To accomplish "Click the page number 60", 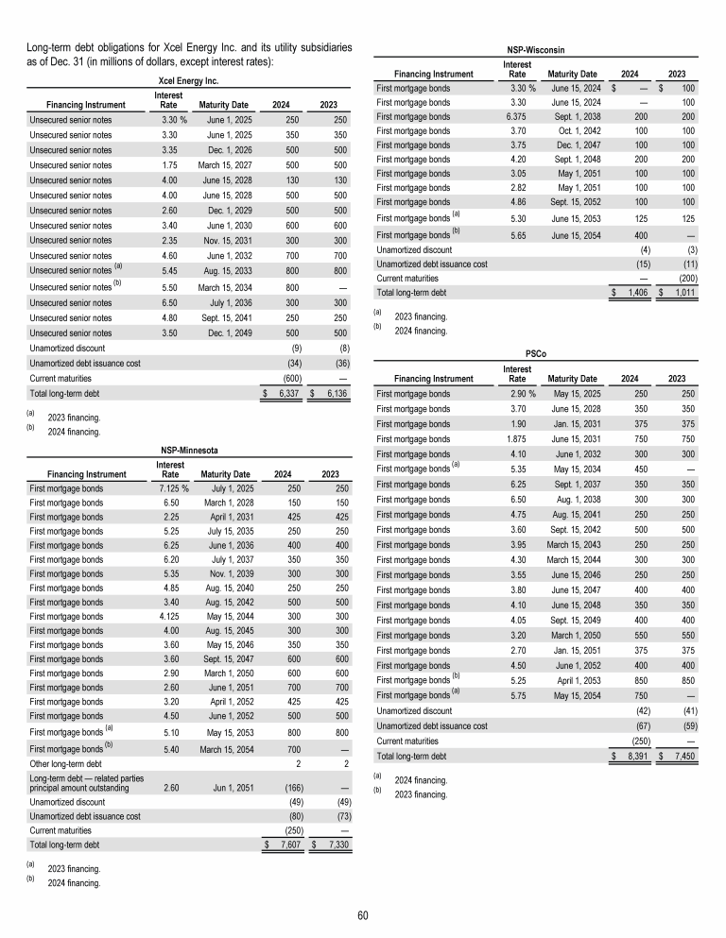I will coord(363,913).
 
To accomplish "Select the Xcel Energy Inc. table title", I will coord(188,80).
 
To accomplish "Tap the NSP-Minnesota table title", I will coord(188,452).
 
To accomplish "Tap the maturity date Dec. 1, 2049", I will coord(224,334).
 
